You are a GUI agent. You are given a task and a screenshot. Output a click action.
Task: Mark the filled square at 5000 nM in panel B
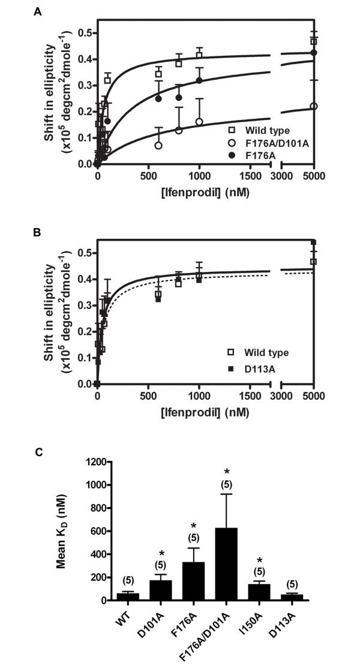pyautogui.click(x=313, y=242)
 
